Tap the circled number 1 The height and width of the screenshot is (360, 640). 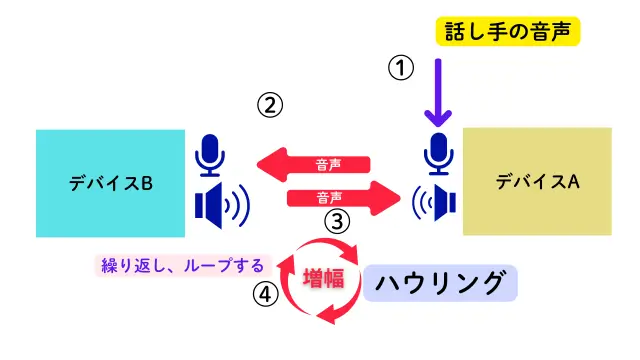pyautogui.click(x=400, y=67)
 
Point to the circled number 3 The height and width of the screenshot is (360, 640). pyautogui.click(x=339, y=221)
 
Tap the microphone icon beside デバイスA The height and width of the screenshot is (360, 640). pyautogui.click(x=439, y=153)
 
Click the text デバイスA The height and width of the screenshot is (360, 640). pyautogui.click(x=537, y=181)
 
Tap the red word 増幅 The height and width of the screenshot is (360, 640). pyautogui.click(x=322, y=277)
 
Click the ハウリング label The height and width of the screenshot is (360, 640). pyautogui.click(x=439, y=284)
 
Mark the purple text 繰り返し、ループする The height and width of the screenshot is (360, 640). pyautogui.click(x=182, y=265)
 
